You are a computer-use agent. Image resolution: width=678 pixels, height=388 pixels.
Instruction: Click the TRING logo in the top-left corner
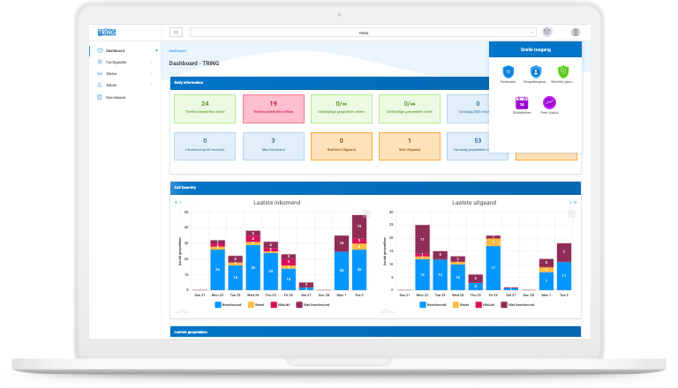tap(107, 33)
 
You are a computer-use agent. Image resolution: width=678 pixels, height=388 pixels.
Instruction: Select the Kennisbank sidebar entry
tap(116, 96)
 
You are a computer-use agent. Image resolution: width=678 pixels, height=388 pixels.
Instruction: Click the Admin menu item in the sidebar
tap(111, 85)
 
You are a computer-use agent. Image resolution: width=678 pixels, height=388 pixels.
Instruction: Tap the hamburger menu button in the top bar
tap(176, 33)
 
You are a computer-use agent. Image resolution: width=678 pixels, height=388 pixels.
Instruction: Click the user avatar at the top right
tap(576, 33)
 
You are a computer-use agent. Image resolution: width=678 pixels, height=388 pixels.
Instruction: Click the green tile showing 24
tap(205, 108)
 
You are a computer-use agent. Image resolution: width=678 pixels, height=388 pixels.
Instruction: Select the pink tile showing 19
tap(273, 108)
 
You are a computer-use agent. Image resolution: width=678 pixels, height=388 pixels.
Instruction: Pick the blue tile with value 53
tap(478, 145)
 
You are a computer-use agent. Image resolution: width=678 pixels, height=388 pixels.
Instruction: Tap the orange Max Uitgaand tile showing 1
tap(409, 145)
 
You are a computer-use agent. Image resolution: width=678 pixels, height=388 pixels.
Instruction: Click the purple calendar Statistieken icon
tap(522, 103)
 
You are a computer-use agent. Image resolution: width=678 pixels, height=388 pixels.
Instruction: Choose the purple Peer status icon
tap(549, 103)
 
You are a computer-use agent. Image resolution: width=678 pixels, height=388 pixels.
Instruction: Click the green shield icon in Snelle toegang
tap(562, 71)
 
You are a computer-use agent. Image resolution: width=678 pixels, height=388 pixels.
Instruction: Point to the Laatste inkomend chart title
tap(276, 202)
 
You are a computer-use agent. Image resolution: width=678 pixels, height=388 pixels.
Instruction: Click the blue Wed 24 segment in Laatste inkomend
tap(253, 269)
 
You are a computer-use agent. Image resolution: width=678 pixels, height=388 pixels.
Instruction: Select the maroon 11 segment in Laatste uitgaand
tap(422, 240)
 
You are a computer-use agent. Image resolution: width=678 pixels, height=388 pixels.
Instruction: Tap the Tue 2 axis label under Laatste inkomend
tap(359, 295)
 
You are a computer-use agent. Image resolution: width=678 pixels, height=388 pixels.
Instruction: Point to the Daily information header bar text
tap(188, 82)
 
